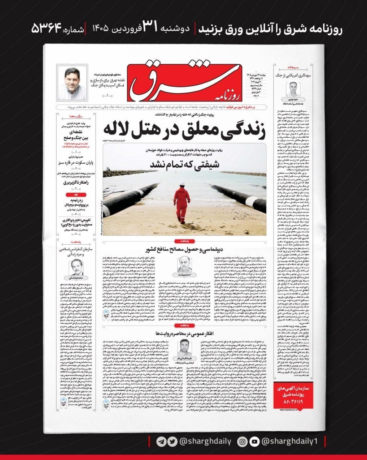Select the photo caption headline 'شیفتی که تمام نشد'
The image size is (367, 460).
[184, 165]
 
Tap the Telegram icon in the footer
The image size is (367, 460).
[161, 442]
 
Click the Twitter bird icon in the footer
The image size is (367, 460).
[172, 442]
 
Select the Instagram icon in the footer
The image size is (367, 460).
[243, 442]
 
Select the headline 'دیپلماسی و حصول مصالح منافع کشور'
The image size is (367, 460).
[184, 250]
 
